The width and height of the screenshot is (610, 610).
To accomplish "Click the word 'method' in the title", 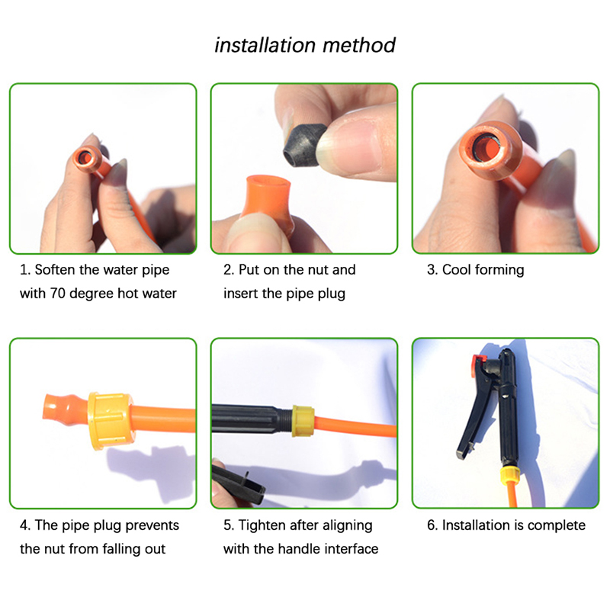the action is tap(358, 45).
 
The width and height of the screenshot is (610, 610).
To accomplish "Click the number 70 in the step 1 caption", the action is tap(58, 293).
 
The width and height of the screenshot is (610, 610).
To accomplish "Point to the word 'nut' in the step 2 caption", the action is tap(317, 270).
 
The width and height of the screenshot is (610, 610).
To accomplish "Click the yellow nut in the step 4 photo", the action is tap(109, 421).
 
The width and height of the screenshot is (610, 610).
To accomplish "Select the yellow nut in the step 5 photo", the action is tap(303, 421).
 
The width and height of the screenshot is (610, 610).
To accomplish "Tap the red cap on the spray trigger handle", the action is tap(478, 365).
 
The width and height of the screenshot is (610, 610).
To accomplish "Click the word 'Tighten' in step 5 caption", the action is tap(262, 525).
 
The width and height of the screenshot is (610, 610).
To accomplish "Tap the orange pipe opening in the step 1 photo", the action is tap(85, 158).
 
